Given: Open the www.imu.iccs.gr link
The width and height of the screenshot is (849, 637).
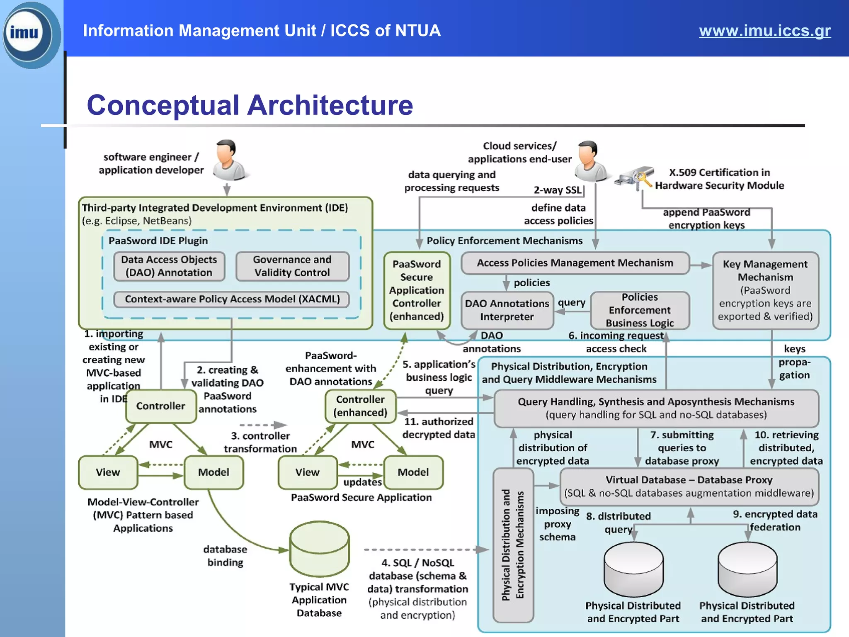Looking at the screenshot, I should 764,31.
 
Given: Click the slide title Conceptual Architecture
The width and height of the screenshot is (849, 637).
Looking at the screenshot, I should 250,105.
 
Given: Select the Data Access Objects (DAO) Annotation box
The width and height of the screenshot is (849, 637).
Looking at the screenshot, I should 169,266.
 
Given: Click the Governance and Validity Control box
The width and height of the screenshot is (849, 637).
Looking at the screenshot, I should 292,266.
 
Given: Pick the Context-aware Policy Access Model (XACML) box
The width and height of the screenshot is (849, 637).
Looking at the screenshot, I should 232,299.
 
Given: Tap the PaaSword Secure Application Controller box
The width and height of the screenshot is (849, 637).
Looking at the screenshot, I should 416,290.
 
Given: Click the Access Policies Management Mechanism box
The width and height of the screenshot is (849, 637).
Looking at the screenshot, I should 575,263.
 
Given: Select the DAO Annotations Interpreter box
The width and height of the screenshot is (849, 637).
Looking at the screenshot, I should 507,310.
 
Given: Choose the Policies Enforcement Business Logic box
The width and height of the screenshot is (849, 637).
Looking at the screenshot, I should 639,310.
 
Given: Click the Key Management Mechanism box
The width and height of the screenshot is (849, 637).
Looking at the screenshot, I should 765,290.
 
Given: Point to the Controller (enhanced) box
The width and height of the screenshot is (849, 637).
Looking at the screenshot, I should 360,406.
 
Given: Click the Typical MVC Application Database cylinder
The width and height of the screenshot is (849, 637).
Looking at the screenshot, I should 319,549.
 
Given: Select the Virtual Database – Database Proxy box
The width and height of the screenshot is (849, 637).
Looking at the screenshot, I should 689,486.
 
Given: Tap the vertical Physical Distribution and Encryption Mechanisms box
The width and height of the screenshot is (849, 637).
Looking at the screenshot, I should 513,545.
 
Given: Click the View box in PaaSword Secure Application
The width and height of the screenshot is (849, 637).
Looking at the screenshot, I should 307,472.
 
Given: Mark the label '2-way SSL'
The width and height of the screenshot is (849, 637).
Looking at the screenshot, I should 558,190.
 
